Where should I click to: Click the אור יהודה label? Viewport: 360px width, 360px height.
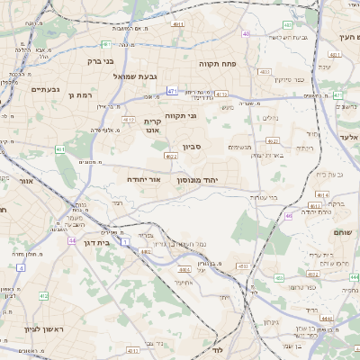click(142, 180)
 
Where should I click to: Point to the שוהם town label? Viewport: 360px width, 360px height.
click(343, 233)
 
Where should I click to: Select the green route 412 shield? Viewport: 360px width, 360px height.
click(43, 295)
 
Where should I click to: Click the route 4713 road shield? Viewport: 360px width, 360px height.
click(221, 94)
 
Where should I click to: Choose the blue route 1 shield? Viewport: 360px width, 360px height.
click(20, 267)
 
